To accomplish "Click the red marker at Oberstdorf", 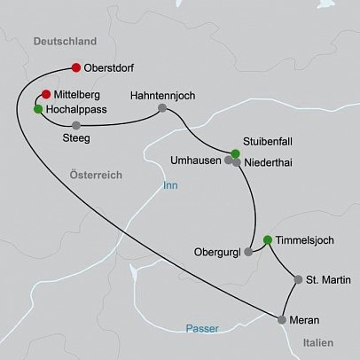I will (x=75, y=67).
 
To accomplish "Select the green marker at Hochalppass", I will (x=37, y=109).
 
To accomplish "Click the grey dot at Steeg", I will (x=76, y=125).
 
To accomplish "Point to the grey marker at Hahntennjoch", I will (x=161, y=109).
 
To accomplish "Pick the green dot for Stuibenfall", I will (x=235, y=154).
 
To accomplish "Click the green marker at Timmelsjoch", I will (x=267, y=239).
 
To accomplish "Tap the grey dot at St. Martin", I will (x=298, y=280).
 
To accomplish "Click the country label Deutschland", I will (x=63, y=42).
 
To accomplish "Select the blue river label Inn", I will (x=170, y=186).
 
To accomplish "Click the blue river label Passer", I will (x=202, y=329).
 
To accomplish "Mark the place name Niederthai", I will (x=267, y=162).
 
